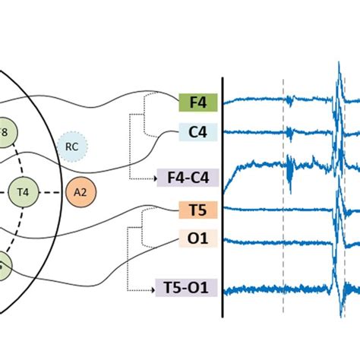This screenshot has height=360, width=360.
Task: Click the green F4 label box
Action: click(199, 103)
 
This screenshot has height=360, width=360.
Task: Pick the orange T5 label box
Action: click(199, 210)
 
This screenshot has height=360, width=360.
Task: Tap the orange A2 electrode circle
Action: click(81, 192)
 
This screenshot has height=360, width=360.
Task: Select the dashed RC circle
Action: click(71, 147)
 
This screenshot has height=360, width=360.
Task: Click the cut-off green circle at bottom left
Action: click(3, 266)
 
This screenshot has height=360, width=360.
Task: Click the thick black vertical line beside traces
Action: click(223, 197)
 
